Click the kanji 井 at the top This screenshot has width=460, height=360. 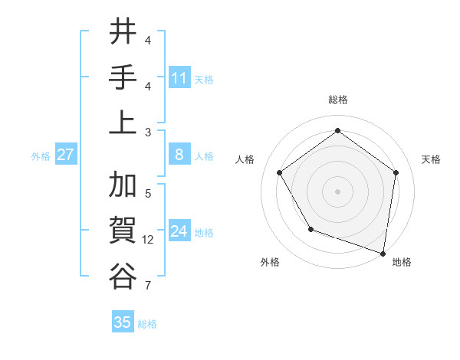pyautogui.click(x=123, y=32)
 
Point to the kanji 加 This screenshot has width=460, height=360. pyautogui.click(x=123, y=185)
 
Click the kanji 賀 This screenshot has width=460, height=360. pyautogui.click(x=123, y=230)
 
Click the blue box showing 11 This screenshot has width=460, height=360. pyautogui.click(x=179, y=77)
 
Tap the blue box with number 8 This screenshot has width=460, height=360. pyautogui.click(x=179, y=155)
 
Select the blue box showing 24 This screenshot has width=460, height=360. pyautogui.click(x=179, y=231)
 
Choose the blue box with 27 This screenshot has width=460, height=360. pyautogui.click(x=66, y=155)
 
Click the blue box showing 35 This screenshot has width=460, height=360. pyautogui.click(x=123, y=322)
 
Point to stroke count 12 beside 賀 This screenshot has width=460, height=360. pyautogui.click(x=148, y=240)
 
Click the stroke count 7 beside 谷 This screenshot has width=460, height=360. pyautogui.click(x=148, y=286)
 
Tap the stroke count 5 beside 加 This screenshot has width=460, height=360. pyautogui.click(x=148, y=194)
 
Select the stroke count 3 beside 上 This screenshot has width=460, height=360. pyautogui.click(x=148, y=132)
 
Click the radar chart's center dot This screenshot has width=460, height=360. pyautogui.click(x=337, y=191)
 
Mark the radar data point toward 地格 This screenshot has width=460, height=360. pyautogui.click(x=383, y=253)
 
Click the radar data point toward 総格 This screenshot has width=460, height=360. pyautogui.click(x=337, y=130)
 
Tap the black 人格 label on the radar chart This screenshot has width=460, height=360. pyautogui.click(x=245, y=159)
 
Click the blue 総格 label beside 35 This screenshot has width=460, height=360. pyautogui.click(x=147, y=324)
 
